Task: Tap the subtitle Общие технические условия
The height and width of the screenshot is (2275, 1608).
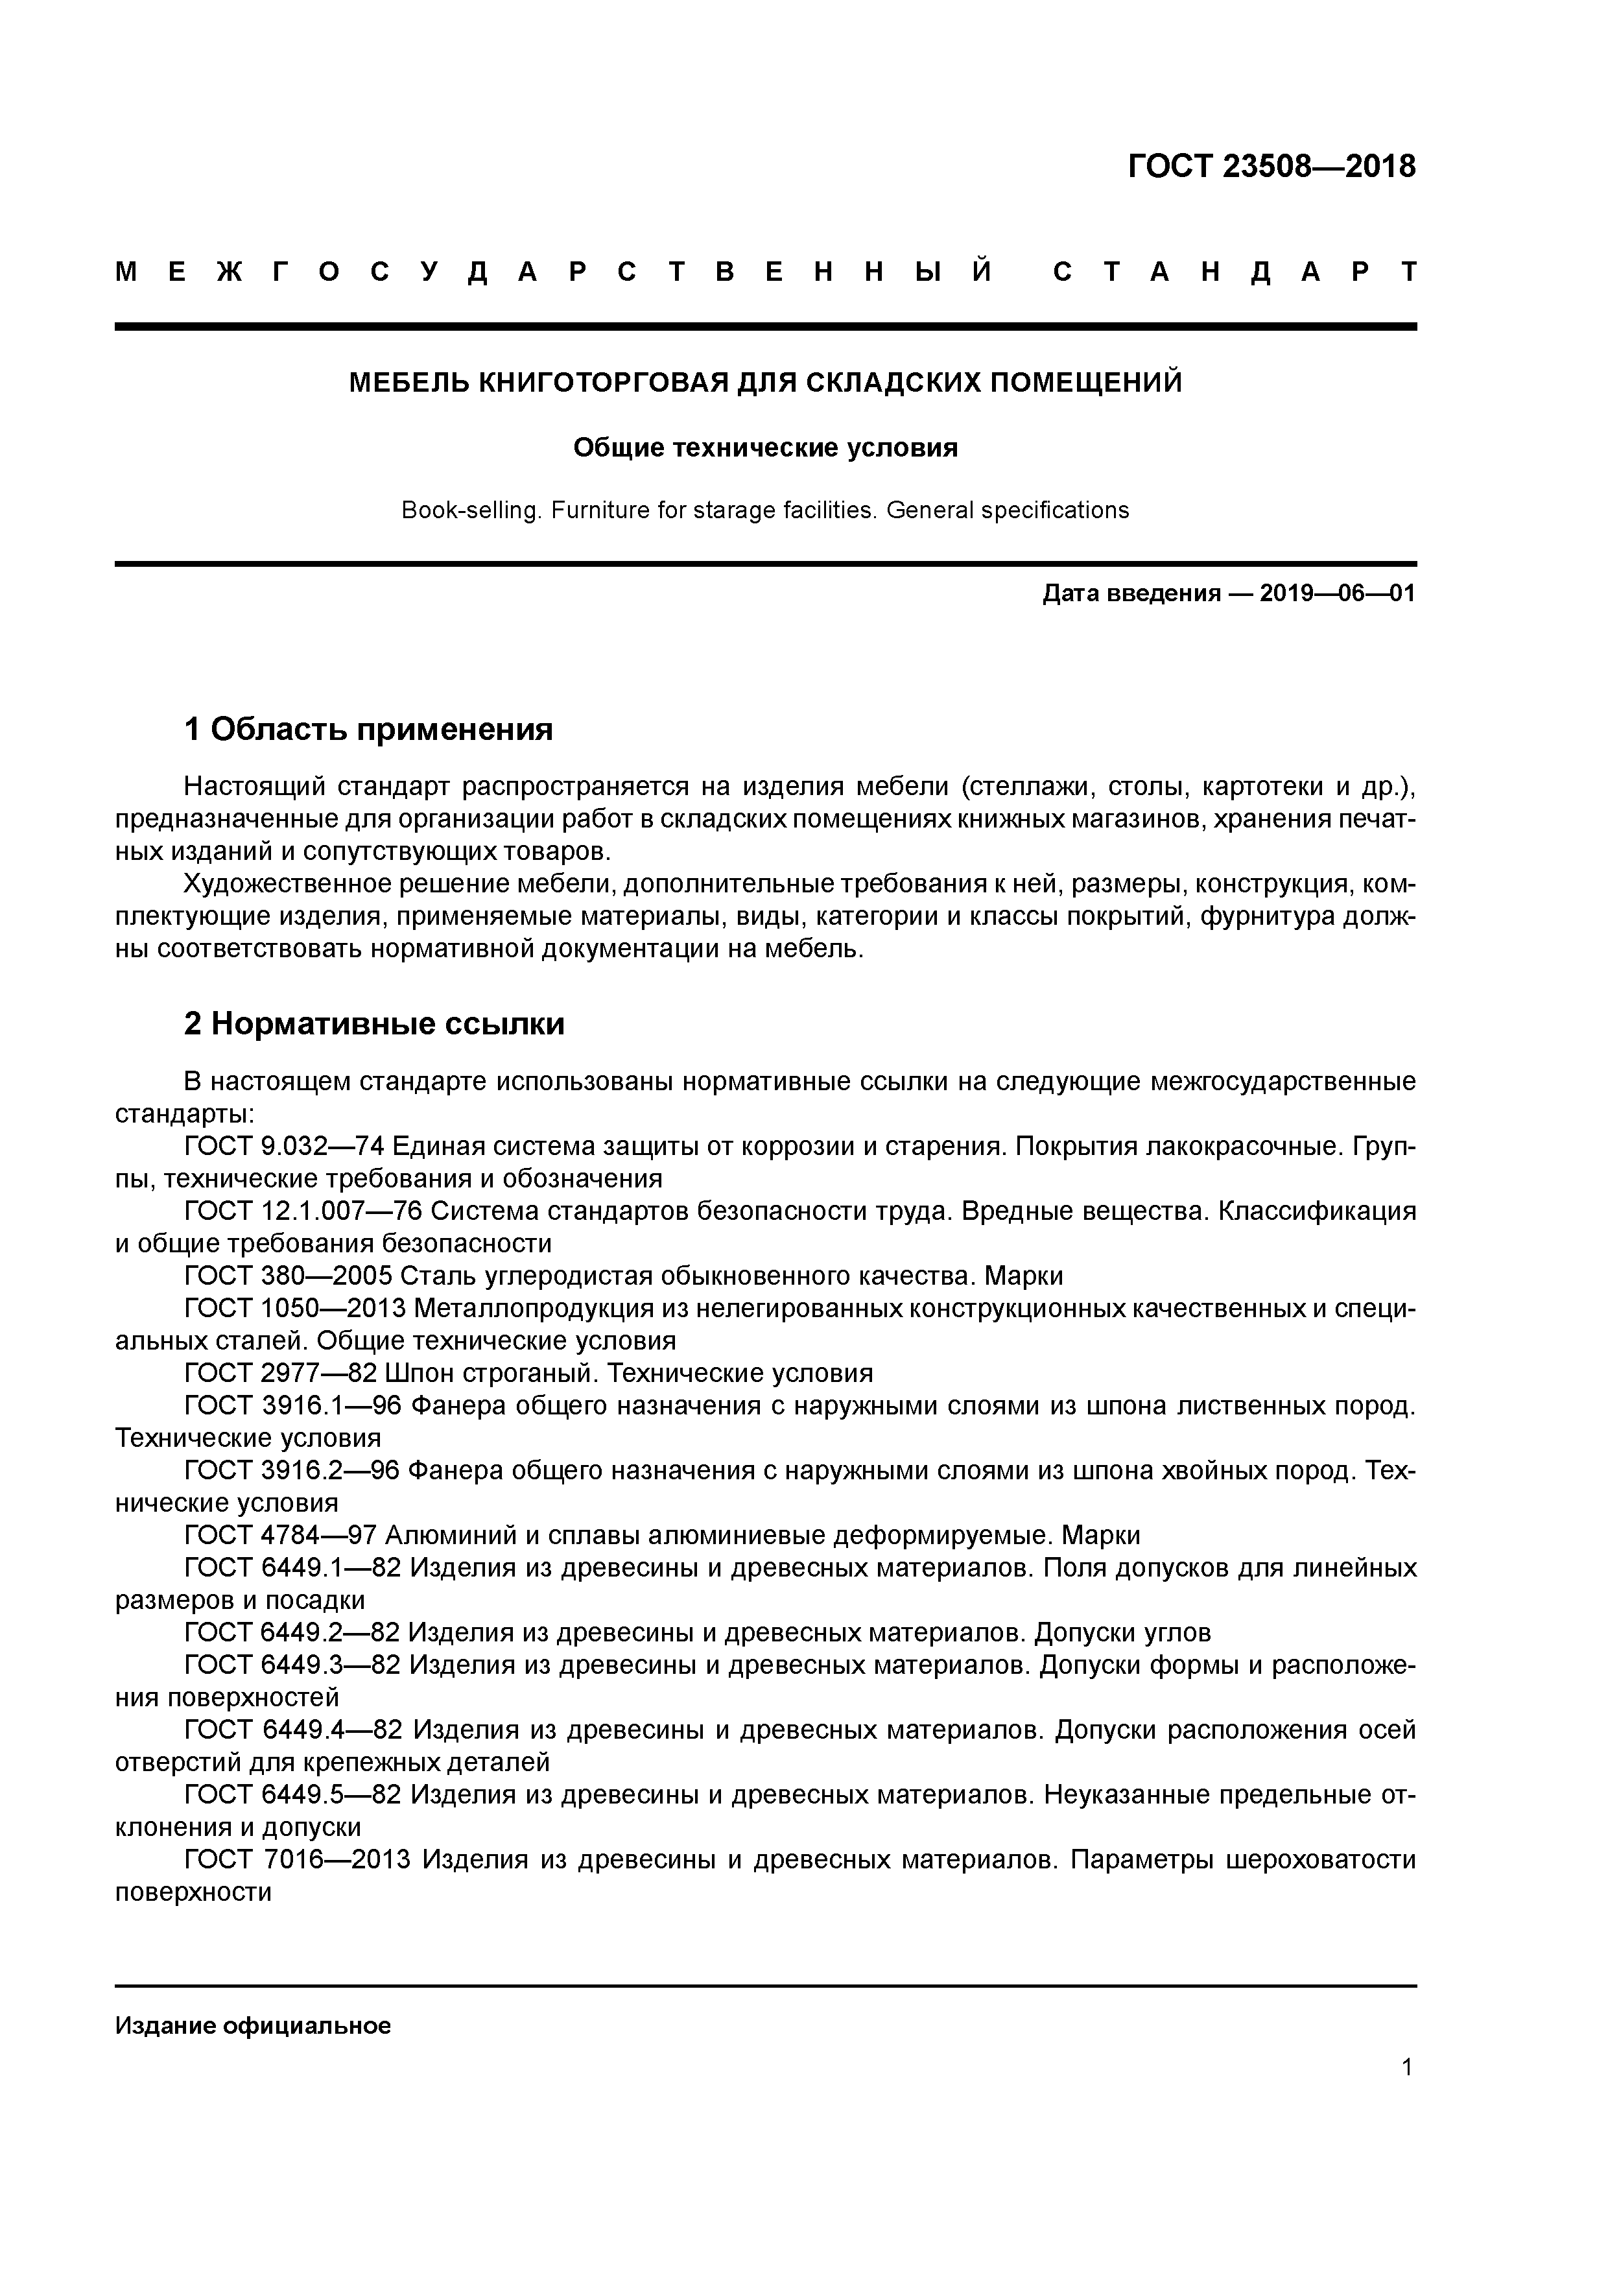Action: click(765, 448)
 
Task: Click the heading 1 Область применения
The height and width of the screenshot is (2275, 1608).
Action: click(368, 730)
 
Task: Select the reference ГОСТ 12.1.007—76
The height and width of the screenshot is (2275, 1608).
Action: click(303, 1211)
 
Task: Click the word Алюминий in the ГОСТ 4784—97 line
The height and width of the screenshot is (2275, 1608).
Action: click(447, 1535)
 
